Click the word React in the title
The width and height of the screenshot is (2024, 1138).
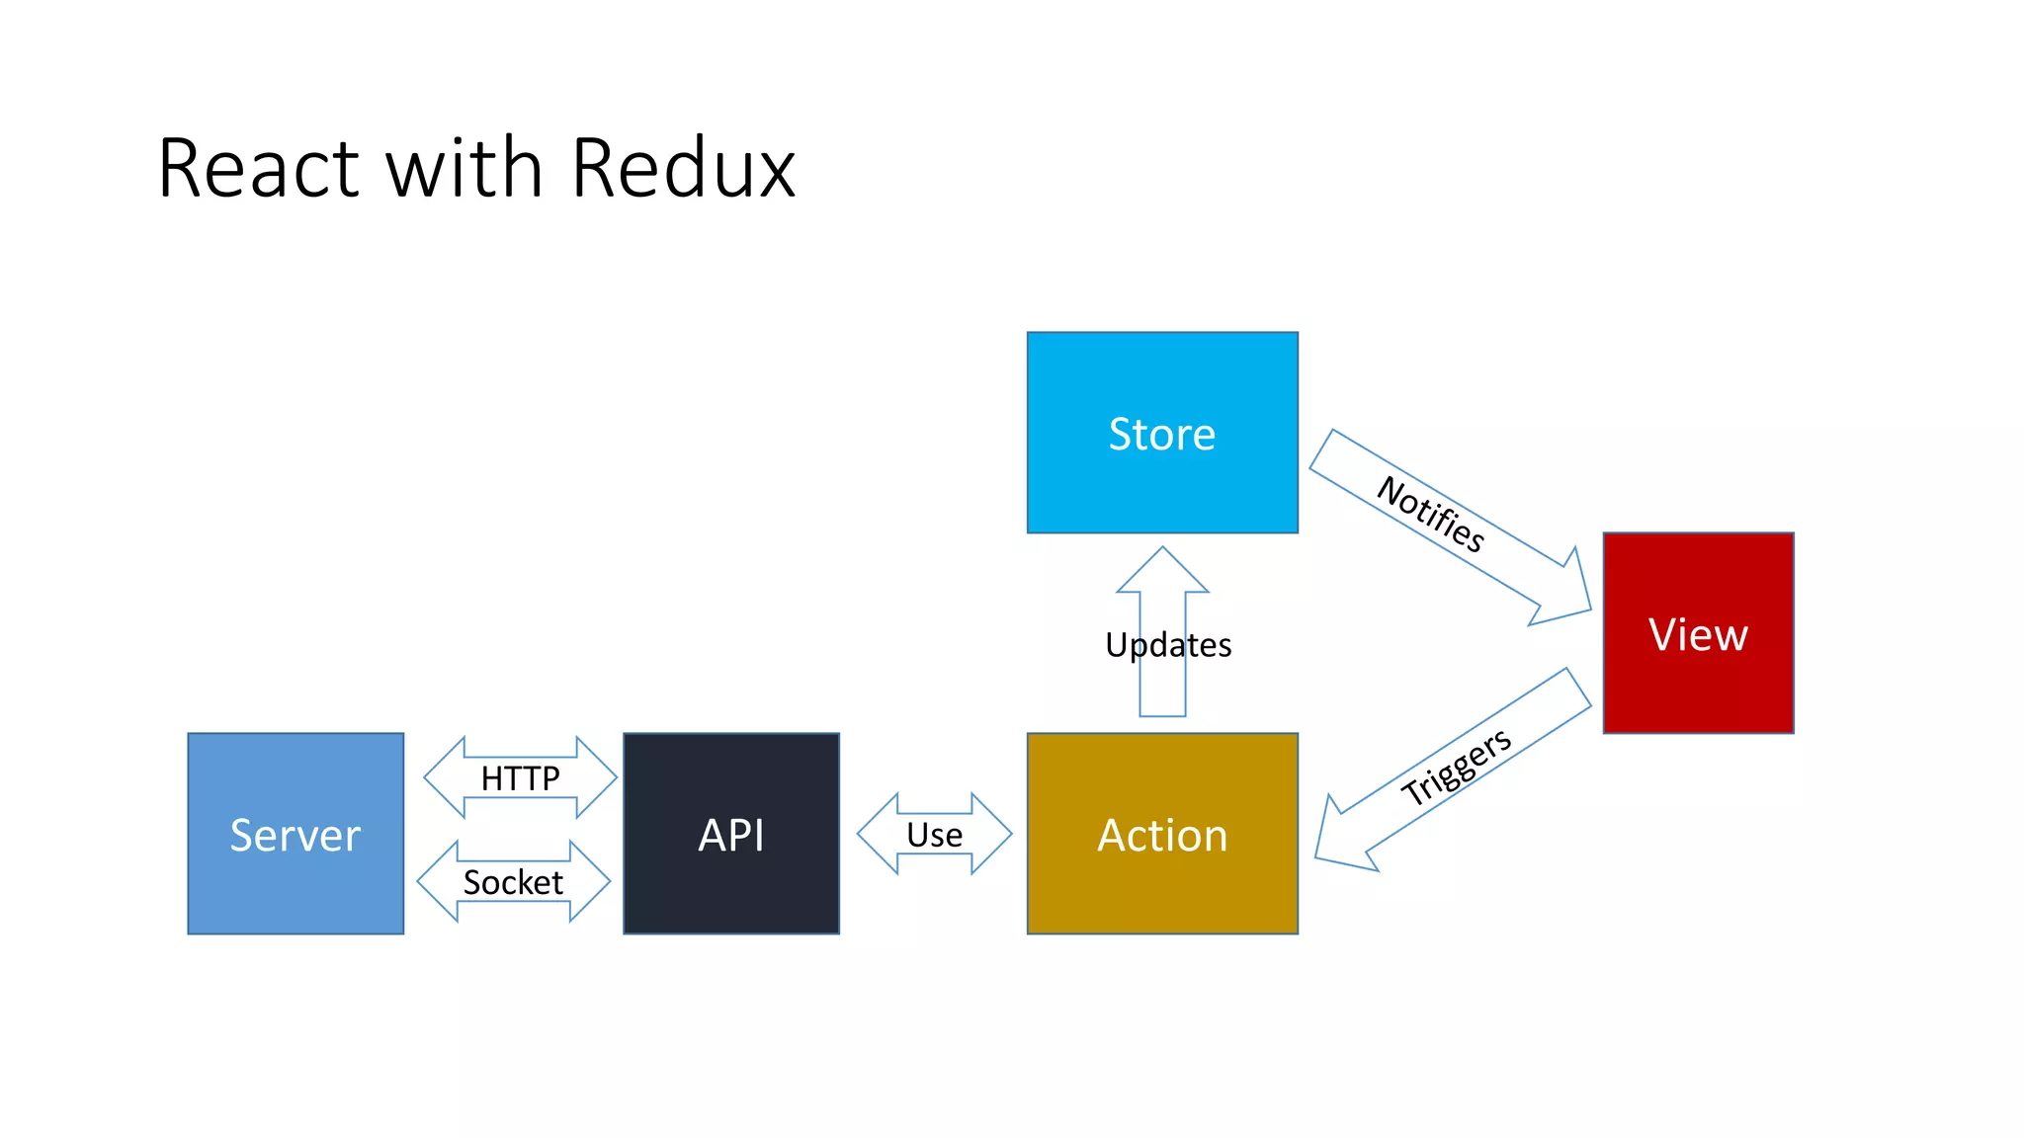259,169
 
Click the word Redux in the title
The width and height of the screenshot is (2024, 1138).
683,169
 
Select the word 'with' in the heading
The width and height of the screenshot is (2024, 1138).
464,169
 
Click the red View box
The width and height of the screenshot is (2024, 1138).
1697,633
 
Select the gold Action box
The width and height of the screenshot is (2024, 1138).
1161,834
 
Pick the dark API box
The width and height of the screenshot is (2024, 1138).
730,834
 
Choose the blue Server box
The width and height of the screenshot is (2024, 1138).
295,834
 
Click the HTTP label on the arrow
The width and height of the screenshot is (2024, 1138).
520,778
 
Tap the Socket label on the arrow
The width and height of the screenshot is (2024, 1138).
513,882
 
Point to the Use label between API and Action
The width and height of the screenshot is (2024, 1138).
934,835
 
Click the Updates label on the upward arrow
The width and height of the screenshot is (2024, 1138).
1168,645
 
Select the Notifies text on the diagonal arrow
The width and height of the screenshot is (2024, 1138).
1430,514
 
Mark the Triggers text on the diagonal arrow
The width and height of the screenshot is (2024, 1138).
1456,767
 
